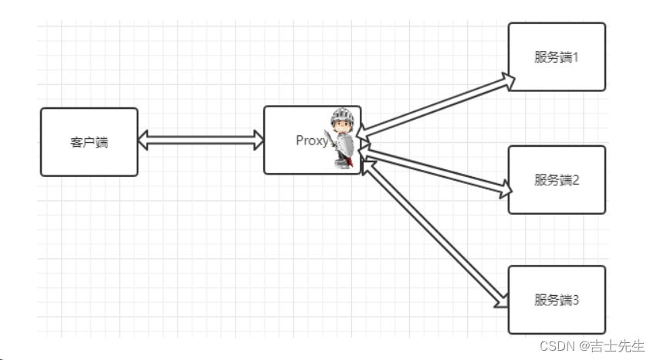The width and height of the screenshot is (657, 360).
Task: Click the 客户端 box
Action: pyautogui.click(x=89, y=142)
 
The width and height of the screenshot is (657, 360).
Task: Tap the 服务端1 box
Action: pyautogui.click(x=556, y=57)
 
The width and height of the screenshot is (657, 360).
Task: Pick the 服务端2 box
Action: pyautogui.click(x=556, y=180)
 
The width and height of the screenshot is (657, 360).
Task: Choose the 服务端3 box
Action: pyautogui.click(x=556, y=300)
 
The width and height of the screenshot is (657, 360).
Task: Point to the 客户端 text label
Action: pyautogui.click(x=89, y=142)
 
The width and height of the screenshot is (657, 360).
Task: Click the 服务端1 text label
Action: pyautogui.click(x=556, y=57)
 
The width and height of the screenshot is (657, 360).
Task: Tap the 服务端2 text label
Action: pyautogui.click(x=556, y=180)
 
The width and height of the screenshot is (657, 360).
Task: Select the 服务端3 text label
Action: pyautogui.click(x=556, y=300)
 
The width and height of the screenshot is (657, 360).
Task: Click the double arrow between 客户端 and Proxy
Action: pyautogui.click(x=201, y=141)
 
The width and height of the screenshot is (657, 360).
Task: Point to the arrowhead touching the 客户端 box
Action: pyautogui.click(x=144, y=141)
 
